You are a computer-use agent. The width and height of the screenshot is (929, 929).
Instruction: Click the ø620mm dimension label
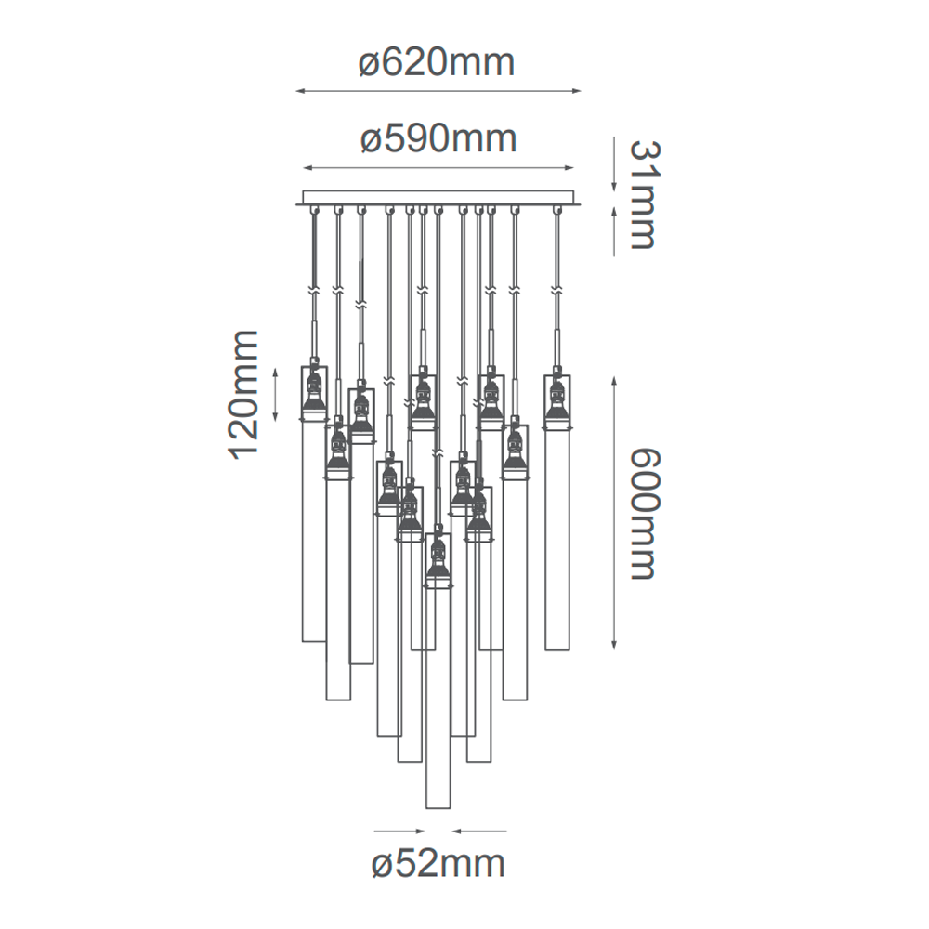tap(437, 63)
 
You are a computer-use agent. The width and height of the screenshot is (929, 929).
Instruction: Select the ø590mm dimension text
tap(438, 139)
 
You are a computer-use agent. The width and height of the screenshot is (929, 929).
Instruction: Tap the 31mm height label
tap(643, 195)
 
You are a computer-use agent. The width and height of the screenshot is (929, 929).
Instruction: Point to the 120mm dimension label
tap(243, 395)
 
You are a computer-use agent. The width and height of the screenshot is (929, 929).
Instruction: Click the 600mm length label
tap(643, 514)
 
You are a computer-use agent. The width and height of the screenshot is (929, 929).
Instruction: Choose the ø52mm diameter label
tap(438, 864)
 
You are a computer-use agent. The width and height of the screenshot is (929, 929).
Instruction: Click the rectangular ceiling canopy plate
tap(438, 197)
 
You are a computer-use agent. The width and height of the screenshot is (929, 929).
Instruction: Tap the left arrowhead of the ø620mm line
tap(300, 91)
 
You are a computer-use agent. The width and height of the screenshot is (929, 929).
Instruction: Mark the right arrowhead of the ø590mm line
tap(569, 168)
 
